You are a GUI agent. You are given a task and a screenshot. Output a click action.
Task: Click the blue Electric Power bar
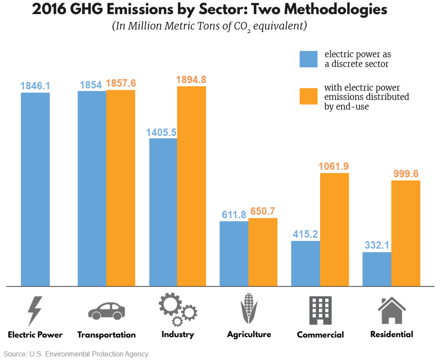pos(35,189)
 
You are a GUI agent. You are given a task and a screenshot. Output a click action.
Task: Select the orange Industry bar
pos(191,186)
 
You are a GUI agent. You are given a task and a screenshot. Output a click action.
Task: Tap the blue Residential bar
pos(377,269)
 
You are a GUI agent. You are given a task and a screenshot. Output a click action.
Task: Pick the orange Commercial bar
pos(334,230)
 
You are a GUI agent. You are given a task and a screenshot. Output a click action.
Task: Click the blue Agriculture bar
pos(234,254)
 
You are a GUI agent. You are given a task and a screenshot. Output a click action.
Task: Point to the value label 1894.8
pos(191,80)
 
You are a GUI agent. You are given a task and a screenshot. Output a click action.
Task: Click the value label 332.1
pos(377,245)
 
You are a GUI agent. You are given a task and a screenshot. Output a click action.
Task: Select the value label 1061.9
pos(333,166)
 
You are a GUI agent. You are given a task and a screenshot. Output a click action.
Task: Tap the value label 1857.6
pos(121,83)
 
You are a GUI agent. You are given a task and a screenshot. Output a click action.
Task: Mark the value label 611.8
pos(234,215)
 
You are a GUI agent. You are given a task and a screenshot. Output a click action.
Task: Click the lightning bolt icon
pos(35,311)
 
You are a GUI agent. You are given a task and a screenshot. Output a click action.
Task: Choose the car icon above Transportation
pos(106,311)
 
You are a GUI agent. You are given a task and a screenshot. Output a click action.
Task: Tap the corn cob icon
pos(249,308)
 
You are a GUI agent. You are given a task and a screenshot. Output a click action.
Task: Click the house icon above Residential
pos(392,310)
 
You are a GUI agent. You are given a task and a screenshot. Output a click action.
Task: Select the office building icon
pos(320,310)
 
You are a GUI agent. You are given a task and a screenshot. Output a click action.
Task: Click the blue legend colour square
pos(308,59)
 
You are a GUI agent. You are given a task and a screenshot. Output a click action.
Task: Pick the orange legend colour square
pos(308,96)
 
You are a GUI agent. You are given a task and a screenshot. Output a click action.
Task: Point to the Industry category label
pos(178,334)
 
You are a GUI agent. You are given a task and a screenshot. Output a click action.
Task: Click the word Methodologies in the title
pos(335,9)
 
